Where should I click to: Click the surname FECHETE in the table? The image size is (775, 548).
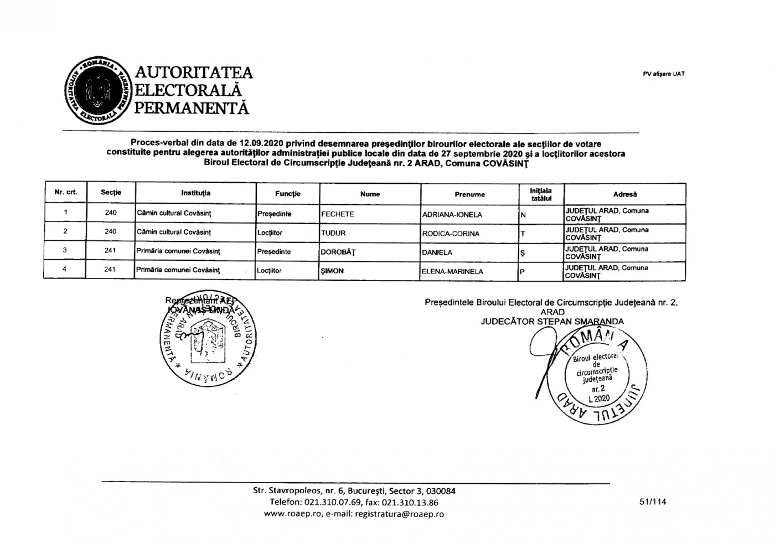point(337,214)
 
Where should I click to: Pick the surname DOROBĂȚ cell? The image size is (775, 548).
point(338,252)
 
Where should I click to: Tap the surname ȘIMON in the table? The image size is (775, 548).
point(333,271)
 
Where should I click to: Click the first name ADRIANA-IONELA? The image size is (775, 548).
point(452,215)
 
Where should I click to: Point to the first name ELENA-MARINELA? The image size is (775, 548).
point(452,271)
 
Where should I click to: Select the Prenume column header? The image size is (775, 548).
point(469,194)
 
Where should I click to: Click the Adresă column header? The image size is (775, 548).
point(624,194)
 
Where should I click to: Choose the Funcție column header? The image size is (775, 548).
point(288,194)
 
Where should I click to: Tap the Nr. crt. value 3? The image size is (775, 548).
point(65,250)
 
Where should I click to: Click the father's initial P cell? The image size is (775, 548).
point(522,272)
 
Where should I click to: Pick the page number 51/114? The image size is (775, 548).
point(652,502)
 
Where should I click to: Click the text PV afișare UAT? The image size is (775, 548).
point(664,74)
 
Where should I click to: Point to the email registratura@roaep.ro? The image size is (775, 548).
point(399,514)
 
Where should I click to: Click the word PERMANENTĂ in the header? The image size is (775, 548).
point(192,107)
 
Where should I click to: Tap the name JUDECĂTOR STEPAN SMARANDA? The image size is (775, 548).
point(552,322)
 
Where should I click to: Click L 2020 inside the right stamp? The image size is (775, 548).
point(599,398)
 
